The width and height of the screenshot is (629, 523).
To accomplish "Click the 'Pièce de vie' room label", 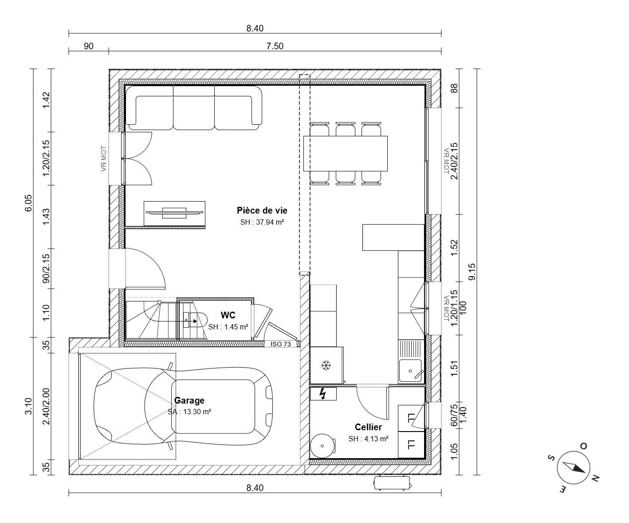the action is (262, 210).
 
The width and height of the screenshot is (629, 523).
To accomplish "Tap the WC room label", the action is (228, 315).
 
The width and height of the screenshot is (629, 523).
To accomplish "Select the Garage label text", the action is (189, 400).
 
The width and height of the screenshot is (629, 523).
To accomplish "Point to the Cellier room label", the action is (368, 427).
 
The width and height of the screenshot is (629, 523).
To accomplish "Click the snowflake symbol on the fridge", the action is (326, 365).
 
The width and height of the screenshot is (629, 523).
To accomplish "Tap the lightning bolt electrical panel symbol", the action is (323, 394).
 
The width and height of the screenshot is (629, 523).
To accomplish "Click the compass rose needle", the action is (574, 468).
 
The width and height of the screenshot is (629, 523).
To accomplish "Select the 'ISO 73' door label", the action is (280, 344).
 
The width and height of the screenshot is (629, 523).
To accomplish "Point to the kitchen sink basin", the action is (410, 370).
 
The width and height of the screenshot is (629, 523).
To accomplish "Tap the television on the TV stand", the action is (174, 213).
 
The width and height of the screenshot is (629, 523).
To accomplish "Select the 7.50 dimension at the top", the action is (275, 46).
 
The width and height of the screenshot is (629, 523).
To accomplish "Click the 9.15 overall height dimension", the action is (472, 271).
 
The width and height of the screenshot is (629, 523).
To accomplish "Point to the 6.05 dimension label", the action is (28, 203).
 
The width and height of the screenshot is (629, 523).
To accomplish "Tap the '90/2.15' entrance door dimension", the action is (46, 269).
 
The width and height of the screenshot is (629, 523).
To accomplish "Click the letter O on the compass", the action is (583, 446).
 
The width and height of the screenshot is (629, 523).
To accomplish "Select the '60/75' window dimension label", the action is (454, 415).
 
